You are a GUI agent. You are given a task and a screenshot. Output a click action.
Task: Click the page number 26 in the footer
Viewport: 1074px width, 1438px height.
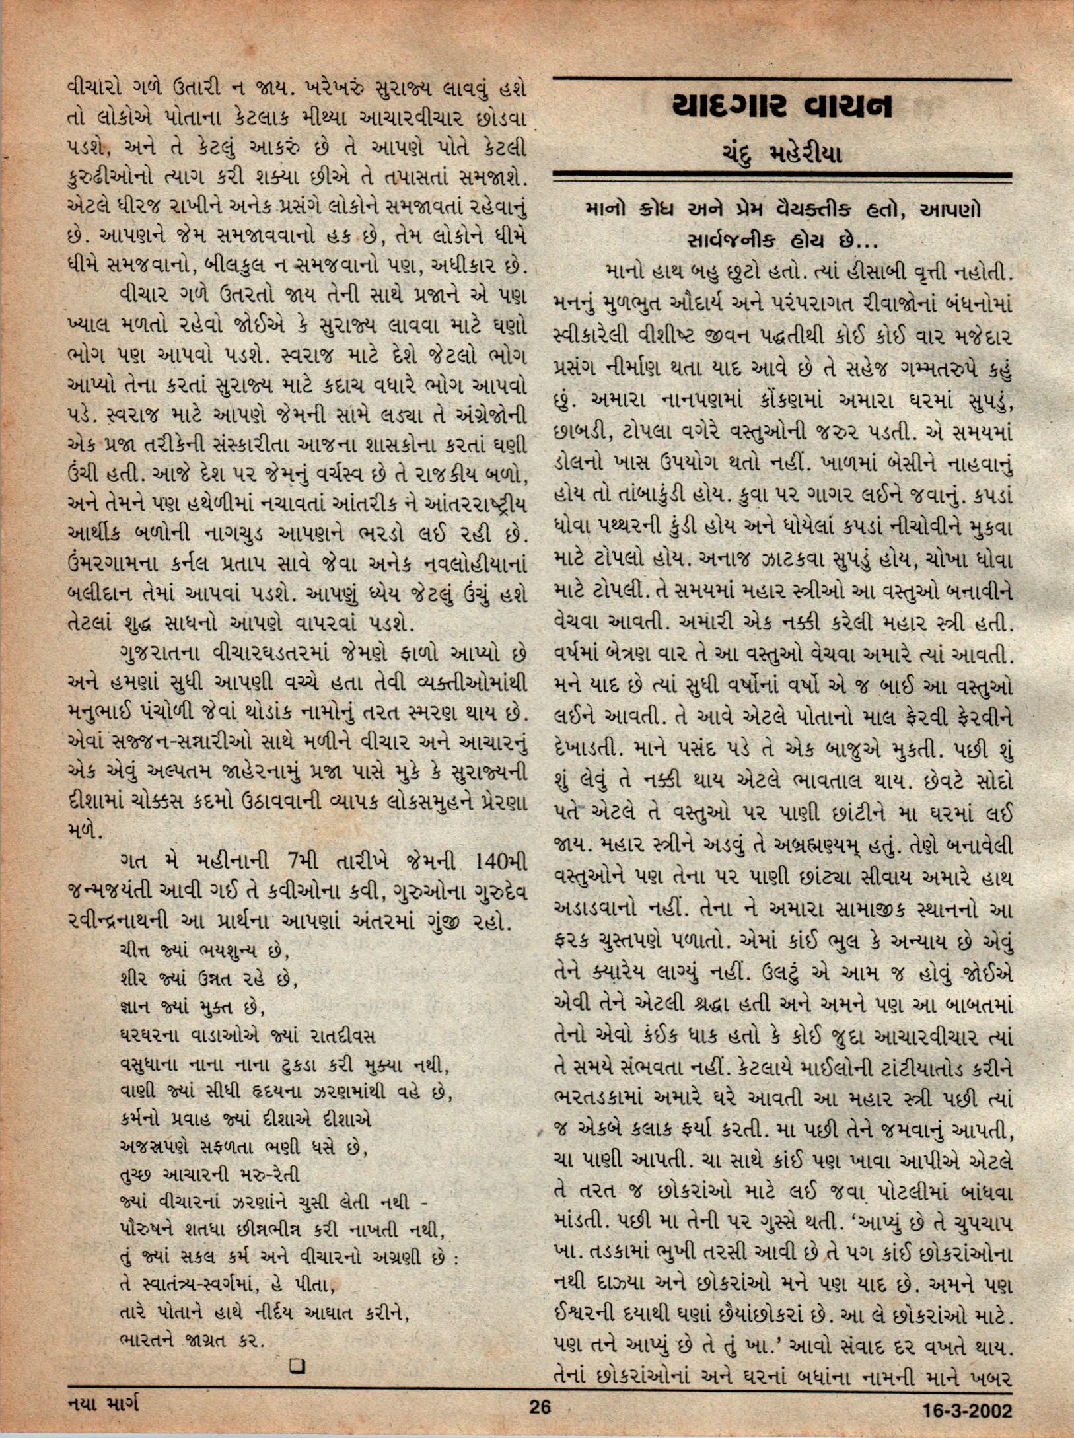point(540,1407)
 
